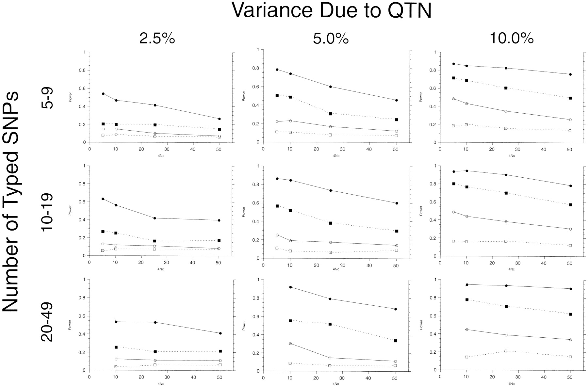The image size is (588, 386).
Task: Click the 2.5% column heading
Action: point(157,39)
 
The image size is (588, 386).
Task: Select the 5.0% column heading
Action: point(331,39)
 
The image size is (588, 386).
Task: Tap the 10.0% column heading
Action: point(512,39)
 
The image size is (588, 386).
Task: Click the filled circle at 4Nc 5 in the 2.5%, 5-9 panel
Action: point(103,94)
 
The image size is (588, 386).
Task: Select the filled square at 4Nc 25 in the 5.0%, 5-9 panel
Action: point(331,114)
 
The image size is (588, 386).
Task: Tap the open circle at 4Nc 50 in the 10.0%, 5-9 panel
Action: point(570,120)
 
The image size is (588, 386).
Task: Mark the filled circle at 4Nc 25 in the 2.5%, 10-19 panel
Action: point(155,218)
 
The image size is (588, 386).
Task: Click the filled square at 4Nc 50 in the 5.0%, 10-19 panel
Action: point(397,231)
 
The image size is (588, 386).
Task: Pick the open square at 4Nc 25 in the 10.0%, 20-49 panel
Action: point(506,351)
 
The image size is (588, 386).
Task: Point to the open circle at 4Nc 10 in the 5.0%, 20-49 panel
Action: point(290,344)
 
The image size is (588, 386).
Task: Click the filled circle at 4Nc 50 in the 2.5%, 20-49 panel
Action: point(220,333)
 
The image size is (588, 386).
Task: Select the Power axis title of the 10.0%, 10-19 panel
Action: point(421,211)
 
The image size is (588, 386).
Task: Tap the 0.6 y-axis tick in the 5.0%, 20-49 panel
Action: point(253,316)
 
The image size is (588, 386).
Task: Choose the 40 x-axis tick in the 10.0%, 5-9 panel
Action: point(544,149)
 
